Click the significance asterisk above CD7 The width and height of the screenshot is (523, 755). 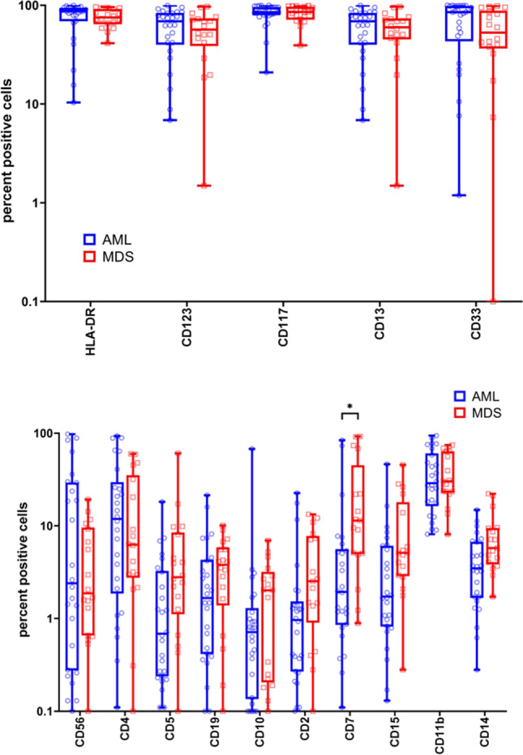[x=351, y=407]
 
